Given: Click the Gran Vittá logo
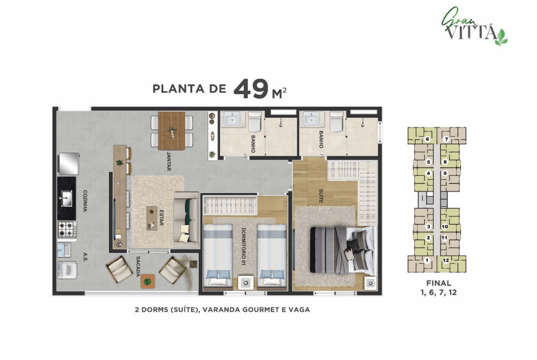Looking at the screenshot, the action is (x=474, y=27).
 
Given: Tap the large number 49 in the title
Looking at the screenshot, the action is (x=251, y=89).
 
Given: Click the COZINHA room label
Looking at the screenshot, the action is (x=85, y=201).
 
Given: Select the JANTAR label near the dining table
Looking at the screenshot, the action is (x=168, y=161).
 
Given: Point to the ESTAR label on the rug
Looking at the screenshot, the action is (x=161, y=217).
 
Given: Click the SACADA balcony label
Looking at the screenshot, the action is (x=138, y=266).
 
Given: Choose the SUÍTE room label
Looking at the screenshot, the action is (x=321, y=196).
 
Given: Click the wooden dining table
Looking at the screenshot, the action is (x=172, y=131).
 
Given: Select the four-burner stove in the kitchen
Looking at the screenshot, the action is (x=67, y=229).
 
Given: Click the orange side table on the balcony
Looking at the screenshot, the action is (x=148, y=282).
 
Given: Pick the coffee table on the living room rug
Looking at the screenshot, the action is (x=152, y=218).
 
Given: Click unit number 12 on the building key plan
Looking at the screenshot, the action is (x=446, y=260).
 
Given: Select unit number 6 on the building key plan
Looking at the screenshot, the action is (x=427, y=139).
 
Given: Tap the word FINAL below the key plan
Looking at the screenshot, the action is (x=439, y=283).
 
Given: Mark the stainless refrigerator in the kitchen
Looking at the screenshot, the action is (x=69, y=164).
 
